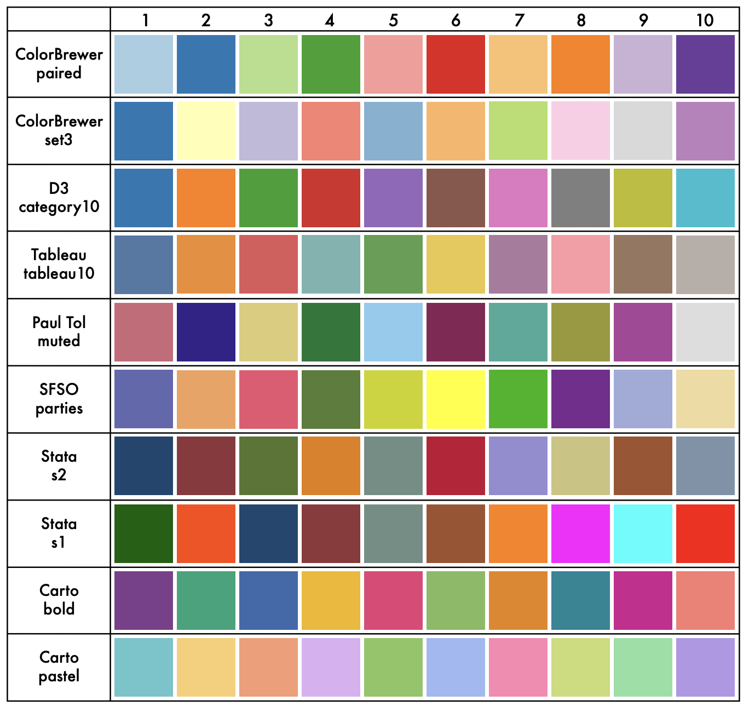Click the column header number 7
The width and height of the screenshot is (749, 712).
(x=518, y=20)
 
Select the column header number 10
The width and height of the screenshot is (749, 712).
(x=705, y=20)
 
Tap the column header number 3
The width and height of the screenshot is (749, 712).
(x=268, y=20)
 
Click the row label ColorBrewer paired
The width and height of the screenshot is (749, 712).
(x=59, y=64)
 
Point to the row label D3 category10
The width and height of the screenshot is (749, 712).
(x=59, y=198)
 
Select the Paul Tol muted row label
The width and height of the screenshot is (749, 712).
(x=59, y=332)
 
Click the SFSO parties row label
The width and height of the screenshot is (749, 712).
(x=59, y=399)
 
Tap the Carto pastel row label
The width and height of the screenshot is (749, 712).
(x=59, y=667)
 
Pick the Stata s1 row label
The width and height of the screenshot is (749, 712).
(x=59, y=533)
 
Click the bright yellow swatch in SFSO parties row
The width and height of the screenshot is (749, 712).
(x=456, y=399)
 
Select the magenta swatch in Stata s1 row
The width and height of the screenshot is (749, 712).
(x=580, y=533)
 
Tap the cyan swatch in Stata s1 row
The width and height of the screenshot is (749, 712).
(x=643, y=533)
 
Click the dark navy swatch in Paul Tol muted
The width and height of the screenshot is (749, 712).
(x=206, y=332)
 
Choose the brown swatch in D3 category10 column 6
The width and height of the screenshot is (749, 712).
(x=456, y=198)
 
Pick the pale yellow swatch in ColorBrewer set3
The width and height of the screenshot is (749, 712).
(x=206, y=131)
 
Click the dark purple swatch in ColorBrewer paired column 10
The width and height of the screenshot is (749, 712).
(x=705, y=64)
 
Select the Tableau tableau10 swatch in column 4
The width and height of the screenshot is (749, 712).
(x=331, y=265)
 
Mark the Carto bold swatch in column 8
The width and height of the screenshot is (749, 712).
(x=580, y=600)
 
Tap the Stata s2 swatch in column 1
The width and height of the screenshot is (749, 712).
(x=143, y=466)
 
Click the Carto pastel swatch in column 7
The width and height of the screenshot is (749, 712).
(x=518, y=667)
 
